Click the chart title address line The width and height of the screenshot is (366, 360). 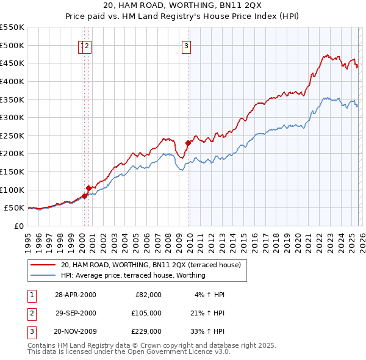click(x=183, y=5)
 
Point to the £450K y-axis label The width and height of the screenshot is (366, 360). click(x=12, y=63)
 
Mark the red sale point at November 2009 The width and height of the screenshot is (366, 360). click(x=188, y=143)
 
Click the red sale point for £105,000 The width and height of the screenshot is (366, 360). click(x=88, y=188)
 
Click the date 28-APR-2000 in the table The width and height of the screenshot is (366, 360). click(x=76, y=294)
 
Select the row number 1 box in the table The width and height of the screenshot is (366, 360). click(x=31, y=294)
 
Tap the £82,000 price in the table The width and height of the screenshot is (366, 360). click(x=149, y=294)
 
